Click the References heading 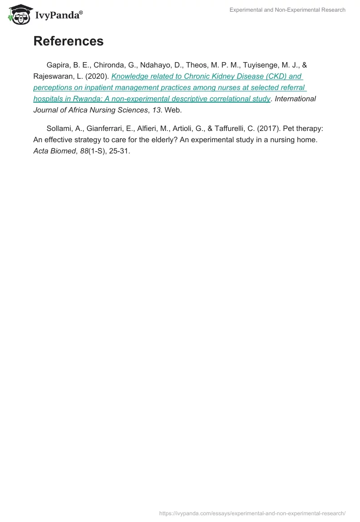click(68, 41)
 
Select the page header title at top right click(287, 10)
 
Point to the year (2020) click(98, 76)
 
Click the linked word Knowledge click(130, 76)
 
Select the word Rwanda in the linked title click(78, 99)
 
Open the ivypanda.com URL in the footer click(252, 513)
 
